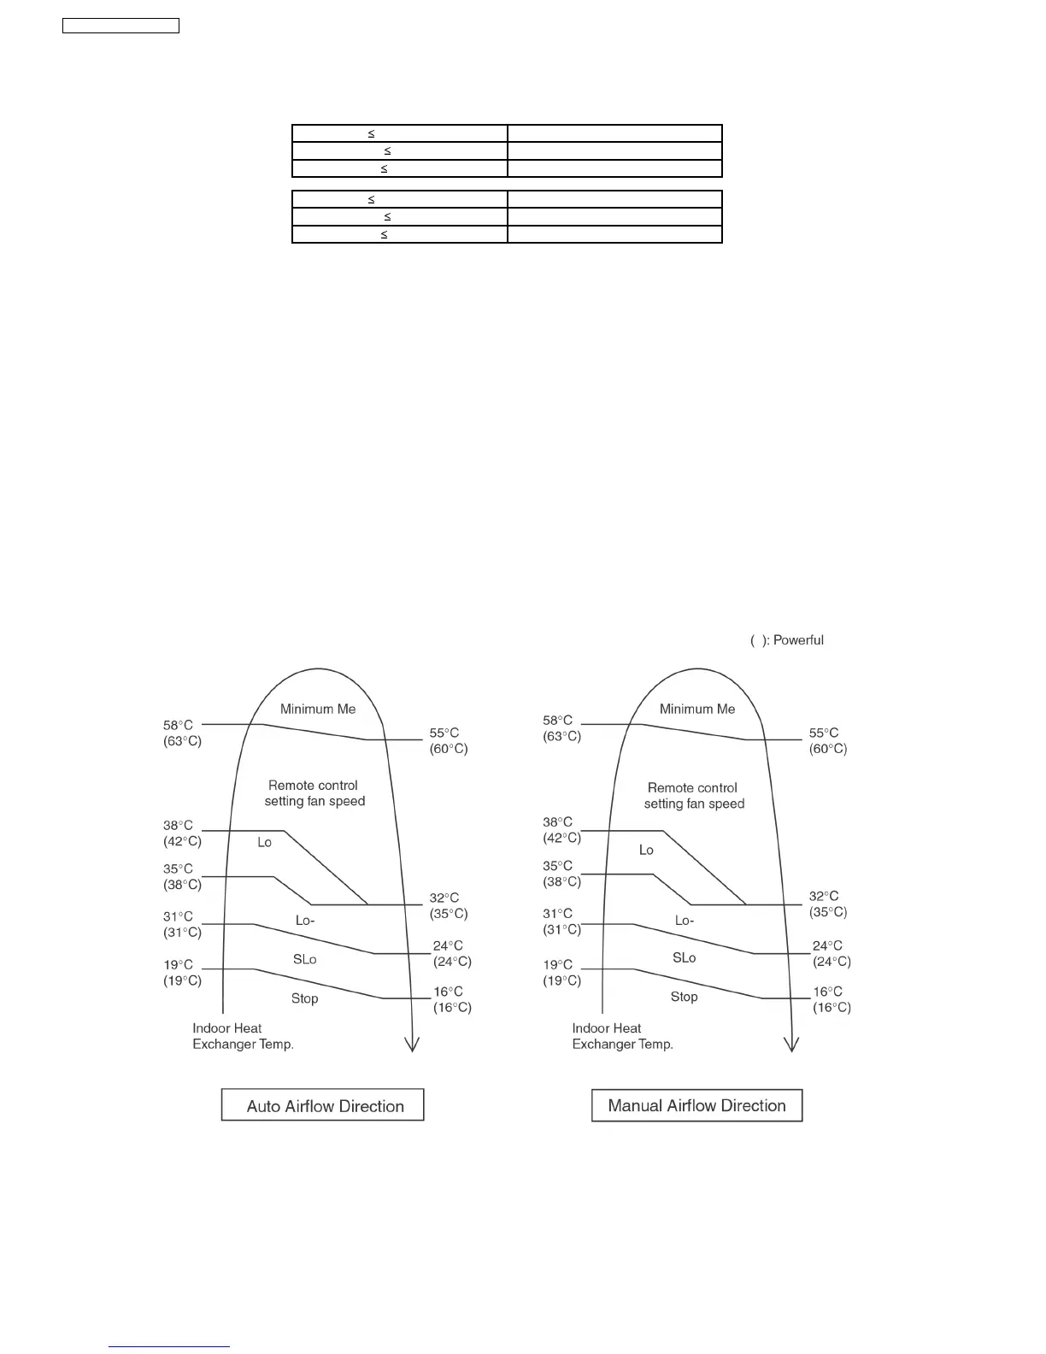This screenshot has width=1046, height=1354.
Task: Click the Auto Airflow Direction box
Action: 323,1105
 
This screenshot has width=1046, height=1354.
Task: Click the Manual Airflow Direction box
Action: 696,1105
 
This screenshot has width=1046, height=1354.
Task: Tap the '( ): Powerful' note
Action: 787,640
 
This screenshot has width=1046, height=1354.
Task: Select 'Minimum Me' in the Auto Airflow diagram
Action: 318,709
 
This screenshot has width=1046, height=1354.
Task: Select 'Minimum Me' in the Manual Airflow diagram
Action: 697,709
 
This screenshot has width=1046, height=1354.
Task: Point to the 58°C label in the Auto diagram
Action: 179,725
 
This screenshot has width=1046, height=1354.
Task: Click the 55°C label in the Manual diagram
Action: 824,733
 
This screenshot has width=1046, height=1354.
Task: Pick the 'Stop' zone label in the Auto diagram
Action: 304,998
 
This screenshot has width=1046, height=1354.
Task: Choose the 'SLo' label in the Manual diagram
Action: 685,957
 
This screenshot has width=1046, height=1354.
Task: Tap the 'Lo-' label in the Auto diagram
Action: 305,921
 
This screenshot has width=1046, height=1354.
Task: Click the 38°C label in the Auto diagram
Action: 179,826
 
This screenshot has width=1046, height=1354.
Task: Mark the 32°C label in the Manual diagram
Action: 824,896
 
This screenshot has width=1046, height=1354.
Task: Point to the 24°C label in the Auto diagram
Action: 448,945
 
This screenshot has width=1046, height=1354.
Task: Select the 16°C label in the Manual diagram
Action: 827,992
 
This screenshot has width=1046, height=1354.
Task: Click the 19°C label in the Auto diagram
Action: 179,964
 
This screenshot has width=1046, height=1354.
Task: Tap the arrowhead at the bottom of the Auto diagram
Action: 413,1045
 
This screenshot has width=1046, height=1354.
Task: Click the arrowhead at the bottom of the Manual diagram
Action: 792,1045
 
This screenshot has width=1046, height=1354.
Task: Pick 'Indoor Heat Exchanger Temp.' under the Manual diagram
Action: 622,1036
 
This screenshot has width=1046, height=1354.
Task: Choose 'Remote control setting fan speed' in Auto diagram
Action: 314,793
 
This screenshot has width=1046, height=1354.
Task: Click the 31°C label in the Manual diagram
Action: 558,913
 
